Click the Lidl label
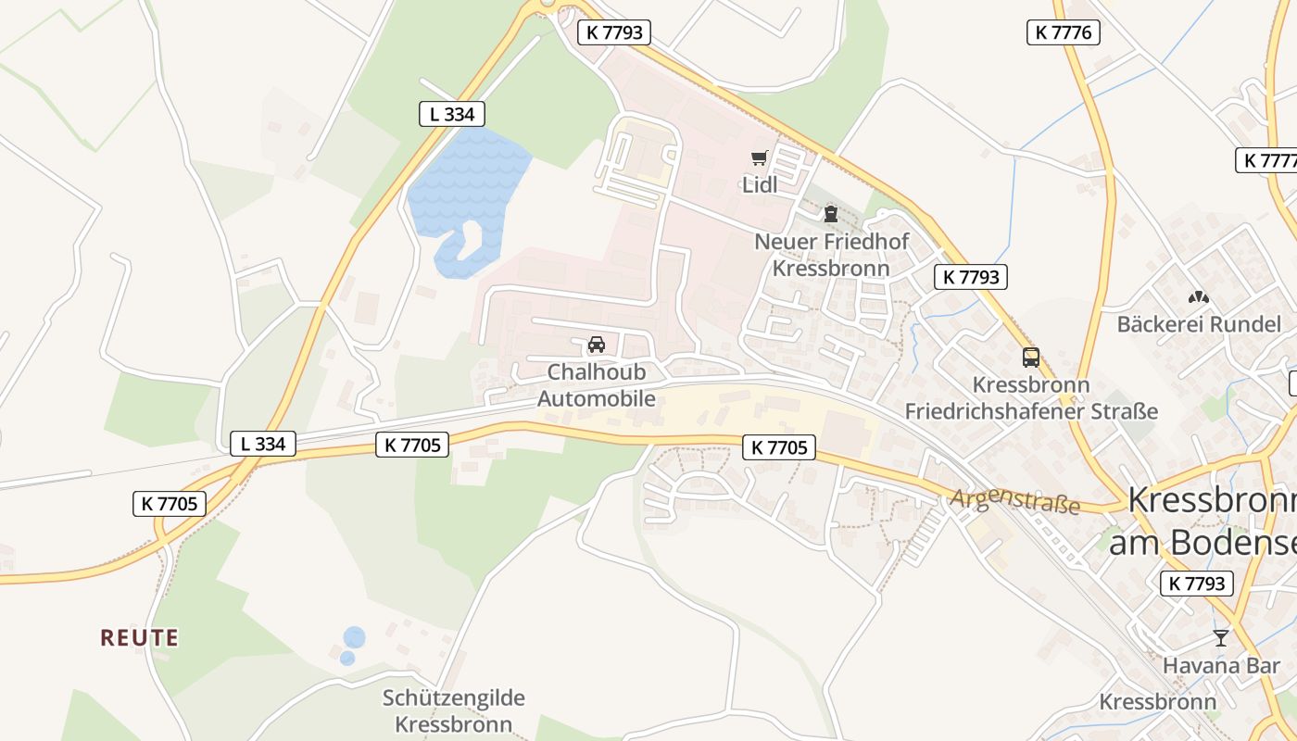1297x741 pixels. click(759, 184)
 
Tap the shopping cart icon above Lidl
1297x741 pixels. click(760, 158)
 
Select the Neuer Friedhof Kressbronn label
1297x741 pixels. click(831, 255)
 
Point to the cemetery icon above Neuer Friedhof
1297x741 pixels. click(830, 214)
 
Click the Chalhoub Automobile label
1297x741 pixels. click(597, 385)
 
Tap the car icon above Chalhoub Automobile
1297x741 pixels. click(597, 345)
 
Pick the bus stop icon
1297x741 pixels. click(1031, 357)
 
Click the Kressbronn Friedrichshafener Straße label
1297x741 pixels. click(1031, 397)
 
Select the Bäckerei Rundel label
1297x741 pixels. click(1199, 324)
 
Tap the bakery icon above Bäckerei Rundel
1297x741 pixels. click(1199, 297)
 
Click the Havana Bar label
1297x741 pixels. click(1221, 665)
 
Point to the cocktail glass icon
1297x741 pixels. click(1221, 638)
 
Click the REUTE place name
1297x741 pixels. click(139, 637)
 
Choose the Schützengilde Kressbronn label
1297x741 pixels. click(454, 710)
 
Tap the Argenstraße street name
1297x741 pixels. click(1014, 501)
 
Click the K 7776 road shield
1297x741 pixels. click(1063, 32)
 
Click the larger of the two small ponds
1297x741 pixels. click(354, 637)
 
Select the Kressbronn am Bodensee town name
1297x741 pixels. click(1209, 521)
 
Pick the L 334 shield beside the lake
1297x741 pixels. click(451, 114)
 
